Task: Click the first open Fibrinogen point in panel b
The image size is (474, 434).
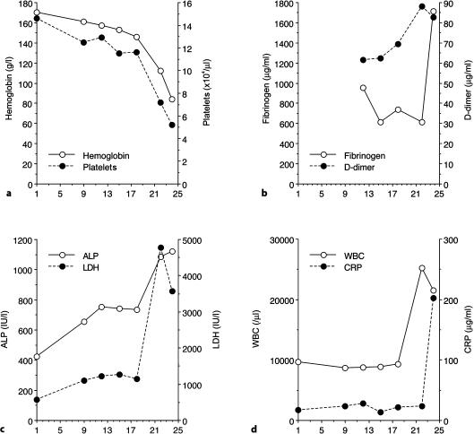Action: tap(337, 88)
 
